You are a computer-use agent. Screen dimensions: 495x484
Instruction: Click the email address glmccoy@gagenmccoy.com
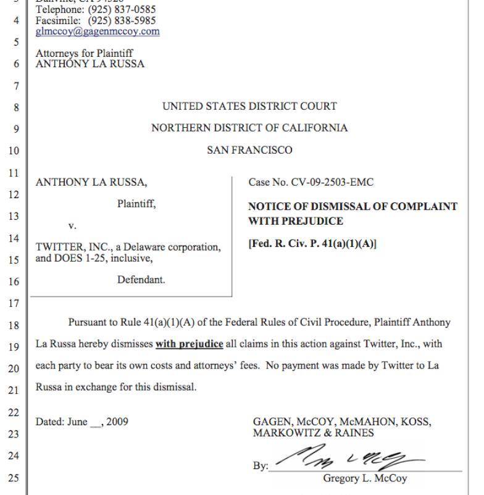98,31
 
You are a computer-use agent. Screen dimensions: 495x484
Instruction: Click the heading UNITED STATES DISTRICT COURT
249,106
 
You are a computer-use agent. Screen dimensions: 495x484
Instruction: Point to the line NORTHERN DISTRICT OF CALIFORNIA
249,128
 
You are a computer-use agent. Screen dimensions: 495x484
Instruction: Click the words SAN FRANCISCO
249,149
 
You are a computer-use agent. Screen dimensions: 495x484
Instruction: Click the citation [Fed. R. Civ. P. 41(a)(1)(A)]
312,243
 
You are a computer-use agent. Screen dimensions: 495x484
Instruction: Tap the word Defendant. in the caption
141,280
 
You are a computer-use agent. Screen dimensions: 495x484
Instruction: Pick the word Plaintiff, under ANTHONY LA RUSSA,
136,204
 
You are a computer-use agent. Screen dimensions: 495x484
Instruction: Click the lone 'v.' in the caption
72,226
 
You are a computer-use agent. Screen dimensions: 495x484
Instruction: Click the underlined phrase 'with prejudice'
189,344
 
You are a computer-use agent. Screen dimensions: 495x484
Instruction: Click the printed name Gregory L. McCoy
365,478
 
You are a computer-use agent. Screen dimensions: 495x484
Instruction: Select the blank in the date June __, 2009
96,423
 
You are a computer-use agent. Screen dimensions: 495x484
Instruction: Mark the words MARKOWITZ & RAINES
313,433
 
